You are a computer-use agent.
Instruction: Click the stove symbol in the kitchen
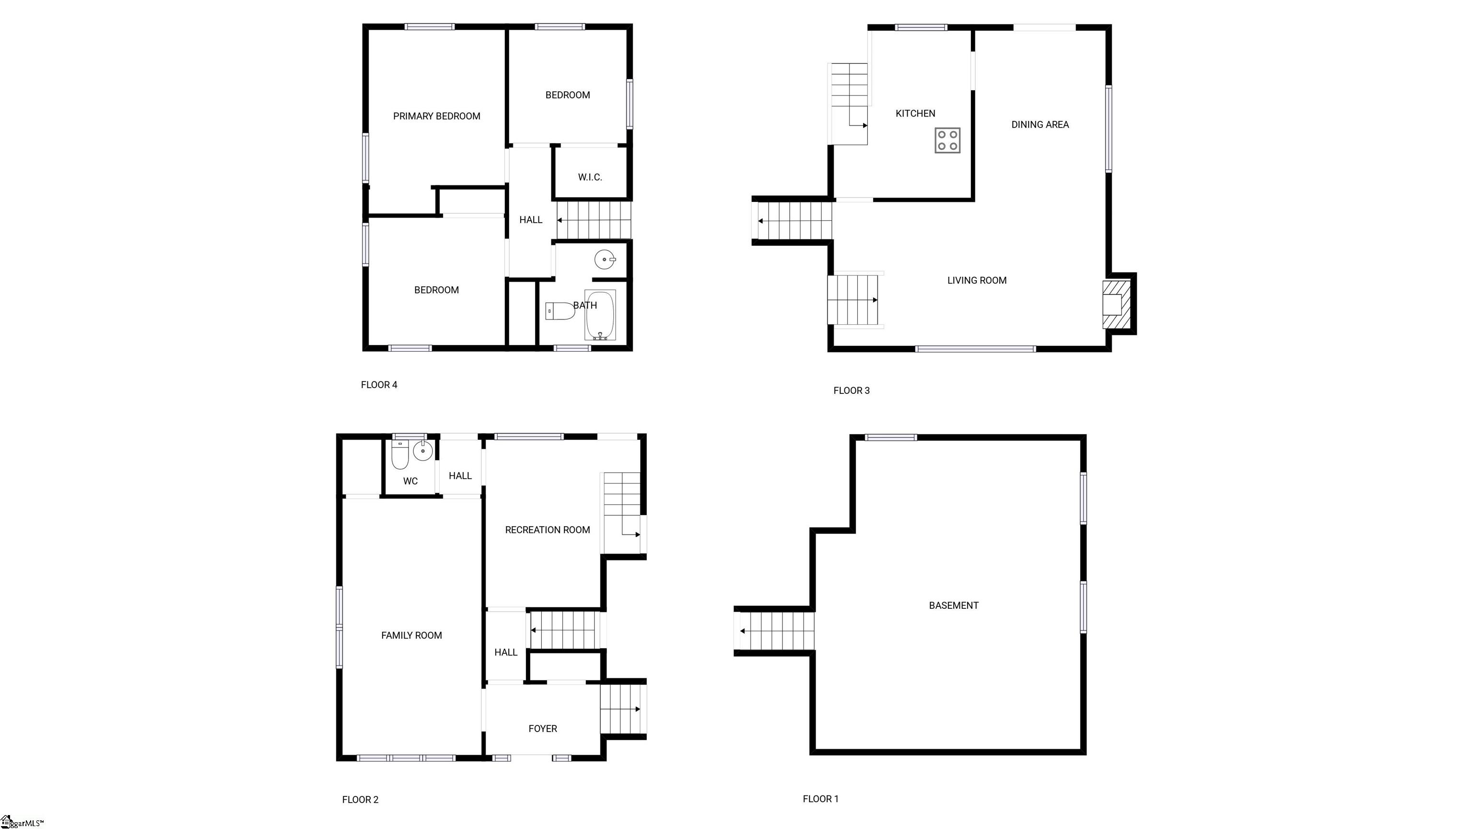947,141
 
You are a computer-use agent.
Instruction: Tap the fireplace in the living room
1116,304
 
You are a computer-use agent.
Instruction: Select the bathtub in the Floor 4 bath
600,315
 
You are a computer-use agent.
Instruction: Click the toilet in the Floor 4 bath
560,311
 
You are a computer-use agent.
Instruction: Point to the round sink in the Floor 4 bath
605,260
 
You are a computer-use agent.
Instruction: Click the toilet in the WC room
400,455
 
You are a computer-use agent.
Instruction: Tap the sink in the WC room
422,451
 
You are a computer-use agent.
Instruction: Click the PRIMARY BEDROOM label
437,116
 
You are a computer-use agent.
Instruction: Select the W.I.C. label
590,178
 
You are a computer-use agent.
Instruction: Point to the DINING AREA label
1040,125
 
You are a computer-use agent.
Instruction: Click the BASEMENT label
954,605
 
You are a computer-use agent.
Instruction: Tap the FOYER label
543,728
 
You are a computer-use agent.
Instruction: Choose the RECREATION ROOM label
548,530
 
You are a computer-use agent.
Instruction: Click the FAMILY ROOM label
412,635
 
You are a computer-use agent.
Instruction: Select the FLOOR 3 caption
852,391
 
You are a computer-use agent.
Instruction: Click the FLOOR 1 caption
820,799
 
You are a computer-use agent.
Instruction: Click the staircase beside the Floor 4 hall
594,220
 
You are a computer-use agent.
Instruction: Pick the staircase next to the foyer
622,709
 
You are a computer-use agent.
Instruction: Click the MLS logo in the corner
22,822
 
